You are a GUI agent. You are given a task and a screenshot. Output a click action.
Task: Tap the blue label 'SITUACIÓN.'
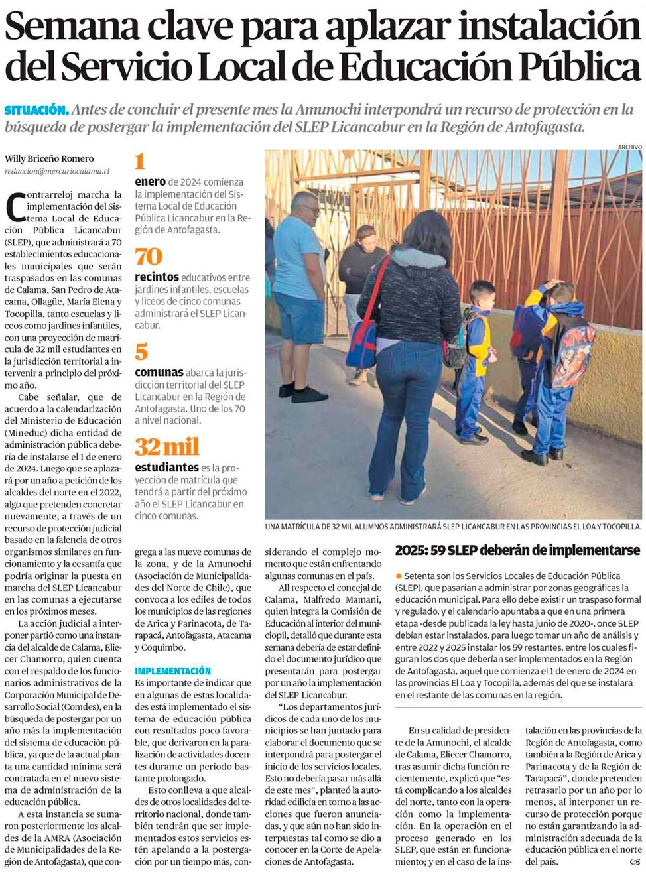(x=36, y=110)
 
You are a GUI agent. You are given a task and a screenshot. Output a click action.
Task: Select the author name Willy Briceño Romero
(x=49, y=158)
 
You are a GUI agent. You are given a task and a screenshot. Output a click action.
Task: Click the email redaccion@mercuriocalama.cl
(x=57, y=171)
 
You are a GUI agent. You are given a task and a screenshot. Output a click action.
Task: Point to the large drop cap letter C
(x=15, y=207)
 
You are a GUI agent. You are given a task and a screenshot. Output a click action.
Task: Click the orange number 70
(x=149, y=257)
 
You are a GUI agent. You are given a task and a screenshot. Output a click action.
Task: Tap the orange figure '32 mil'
(x=167, y=447)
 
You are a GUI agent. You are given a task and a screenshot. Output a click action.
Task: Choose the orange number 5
(x=141, y=352)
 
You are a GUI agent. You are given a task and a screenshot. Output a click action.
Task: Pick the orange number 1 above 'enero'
(x=140, y=161)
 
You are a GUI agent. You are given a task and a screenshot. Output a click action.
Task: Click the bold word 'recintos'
(x=157, y=277)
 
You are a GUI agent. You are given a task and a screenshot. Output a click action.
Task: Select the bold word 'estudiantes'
(x=166, y=468)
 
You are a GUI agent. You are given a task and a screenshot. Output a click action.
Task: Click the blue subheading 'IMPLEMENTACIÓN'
(x=172, y=671)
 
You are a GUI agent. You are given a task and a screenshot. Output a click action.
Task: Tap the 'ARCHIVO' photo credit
(x=629, y=147)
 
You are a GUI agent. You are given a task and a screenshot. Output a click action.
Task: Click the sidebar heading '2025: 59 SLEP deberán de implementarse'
(x=517, y=550)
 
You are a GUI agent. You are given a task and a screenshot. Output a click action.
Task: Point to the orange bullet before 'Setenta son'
(x=399, y=576)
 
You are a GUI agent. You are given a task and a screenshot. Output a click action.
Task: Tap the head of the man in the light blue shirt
(x=304, y=207)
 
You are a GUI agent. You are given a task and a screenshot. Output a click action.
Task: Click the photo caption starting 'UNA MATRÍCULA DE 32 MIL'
(x=453, y=527)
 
